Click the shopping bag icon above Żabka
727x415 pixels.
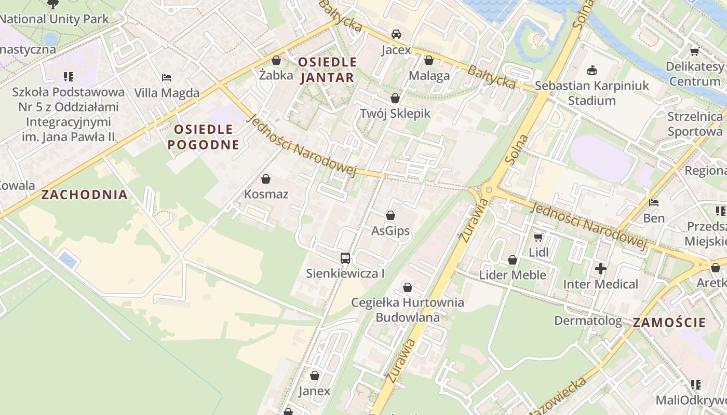tap(276, 60)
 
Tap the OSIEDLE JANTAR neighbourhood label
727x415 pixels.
tap(327, 70)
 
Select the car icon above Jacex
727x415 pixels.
tap(396, 34)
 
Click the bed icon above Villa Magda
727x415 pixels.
tap(167, 78)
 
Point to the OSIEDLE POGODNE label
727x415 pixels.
tap(203, 137)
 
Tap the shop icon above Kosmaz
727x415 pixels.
tap(266, 179)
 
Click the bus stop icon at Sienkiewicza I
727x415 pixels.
tap(345, 258)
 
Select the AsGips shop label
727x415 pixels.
tap(391, 231)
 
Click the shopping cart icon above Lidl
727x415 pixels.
tap(538, 237)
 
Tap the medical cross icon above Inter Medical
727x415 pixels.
tap(601, 269)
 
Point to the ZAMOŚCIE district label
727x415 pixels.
tap(669, 322)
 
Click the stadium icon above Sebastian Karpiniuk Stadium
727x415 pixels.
tap(591, 70)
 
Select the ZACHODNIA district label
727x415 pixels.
tap(84, 195)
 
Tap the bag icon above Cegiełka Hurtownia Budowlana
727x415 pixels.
tap(408, 287)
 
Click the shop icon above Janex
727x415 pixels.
tap(314, 376)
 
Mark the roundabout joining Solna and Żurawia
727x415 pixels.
tap(488, 190)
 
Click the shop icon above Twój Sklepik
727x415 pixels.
tap(395, 98)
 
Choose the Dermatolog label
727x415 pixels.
tap(588, 321)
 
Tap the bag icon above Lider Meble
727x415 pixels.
tap(513, 260)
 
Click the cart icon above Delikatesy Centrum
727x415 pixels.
tap(694, 51)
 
